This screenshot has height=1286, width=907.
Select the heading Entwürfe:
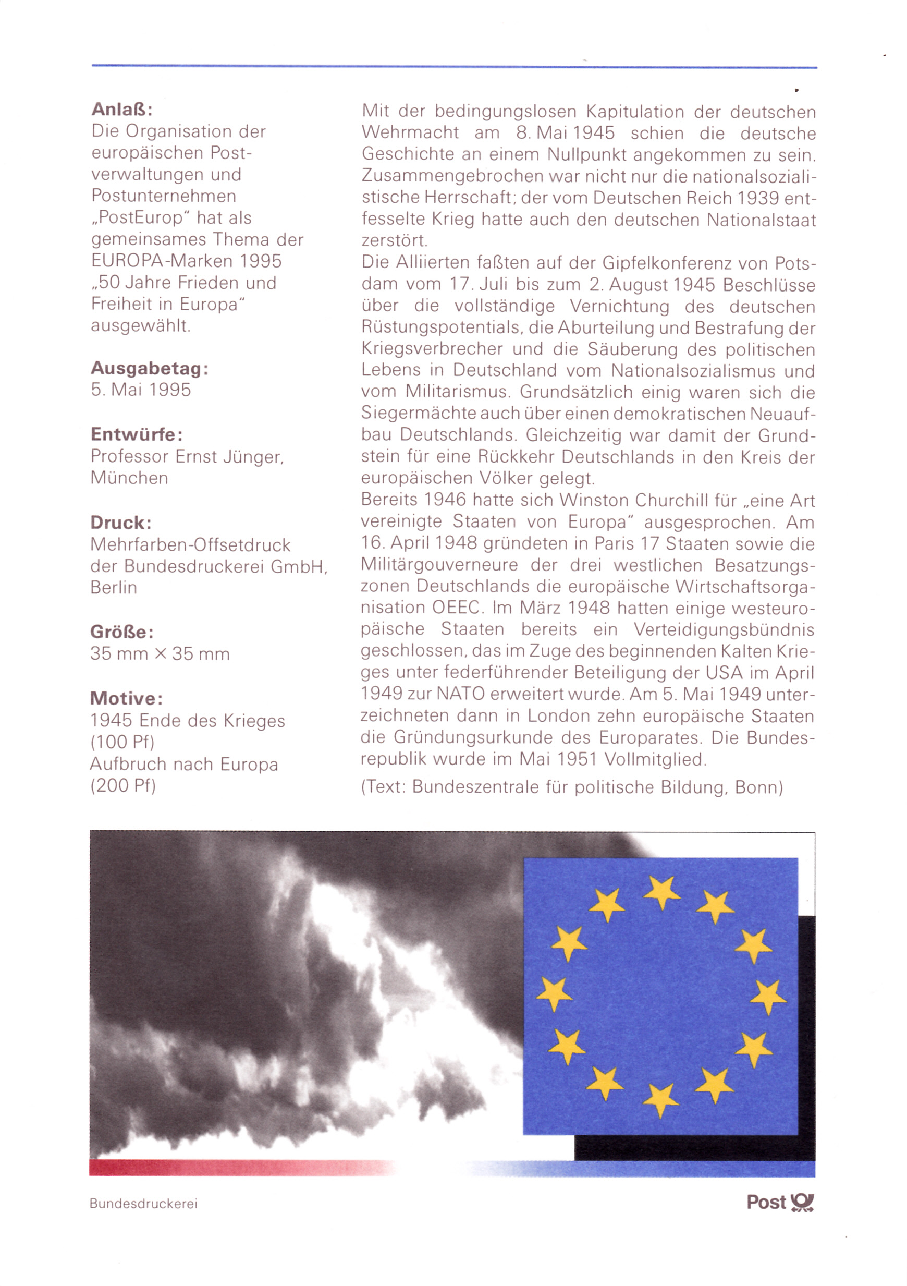[x=137, y=434]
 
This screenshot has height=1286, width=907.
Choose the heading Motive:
[x=127, y=698]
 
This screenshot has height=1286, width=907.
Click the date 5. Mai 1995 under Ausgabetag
[x=141, y=390]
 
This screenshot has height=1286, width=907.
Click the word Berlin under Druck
[x=114, y=588]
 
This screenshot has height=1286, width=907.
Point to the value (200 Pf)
[x=123, y=786]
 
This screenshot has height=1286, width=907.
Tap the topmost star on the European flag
[x=661, y=892]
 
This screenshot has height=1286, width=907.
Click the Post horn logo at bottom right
[x=802, y=1203]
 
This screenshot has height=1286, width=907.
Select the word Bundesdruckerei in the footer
[x=144, y=1204]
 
